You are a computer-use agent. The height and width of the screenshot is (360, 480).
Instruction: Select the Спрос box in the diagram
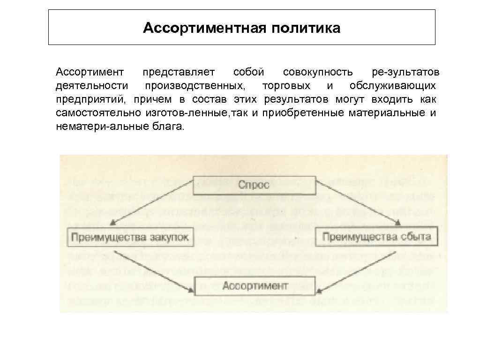[254, 184]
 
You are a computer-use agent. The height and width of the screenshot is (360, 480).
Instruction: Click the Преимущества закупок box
[129, 237]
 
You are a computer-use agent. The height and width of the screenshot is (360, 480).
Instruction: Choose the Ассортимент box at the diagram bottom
[254, 285]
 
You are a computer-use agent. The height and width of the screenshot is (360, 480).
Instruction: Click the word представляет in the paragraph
[179, 73]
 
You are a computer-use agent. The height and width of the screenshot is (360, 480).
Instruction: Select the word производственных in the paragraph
[194, 86]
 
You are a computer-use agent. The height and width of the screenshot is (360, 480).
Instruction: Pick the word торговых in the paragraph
[286, 86]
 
